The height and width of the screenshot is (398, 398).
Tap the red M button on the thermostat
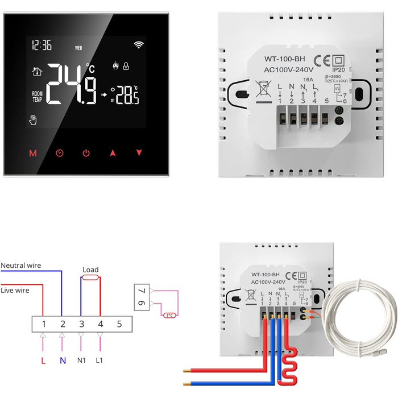32,153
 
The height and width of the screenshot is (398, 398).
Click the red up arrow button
113,153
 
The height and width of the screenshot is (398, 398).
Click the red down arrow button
139,153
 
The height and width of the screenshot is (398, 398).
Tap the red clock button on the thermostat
60,153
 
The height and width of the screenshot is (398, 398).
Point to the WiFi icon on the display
139,44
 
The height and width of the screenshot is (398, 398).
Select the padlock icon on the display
126,67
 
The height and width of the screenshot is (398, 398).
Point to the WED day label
78,47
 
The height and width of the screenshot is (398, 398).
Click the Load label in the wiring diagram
90,270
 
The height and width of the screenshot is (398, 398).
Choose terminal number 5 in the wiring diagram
119,324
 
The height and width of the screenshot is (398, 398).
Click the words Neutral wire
21,266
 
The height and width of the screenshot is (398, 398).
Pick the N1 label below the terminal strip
81,360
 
